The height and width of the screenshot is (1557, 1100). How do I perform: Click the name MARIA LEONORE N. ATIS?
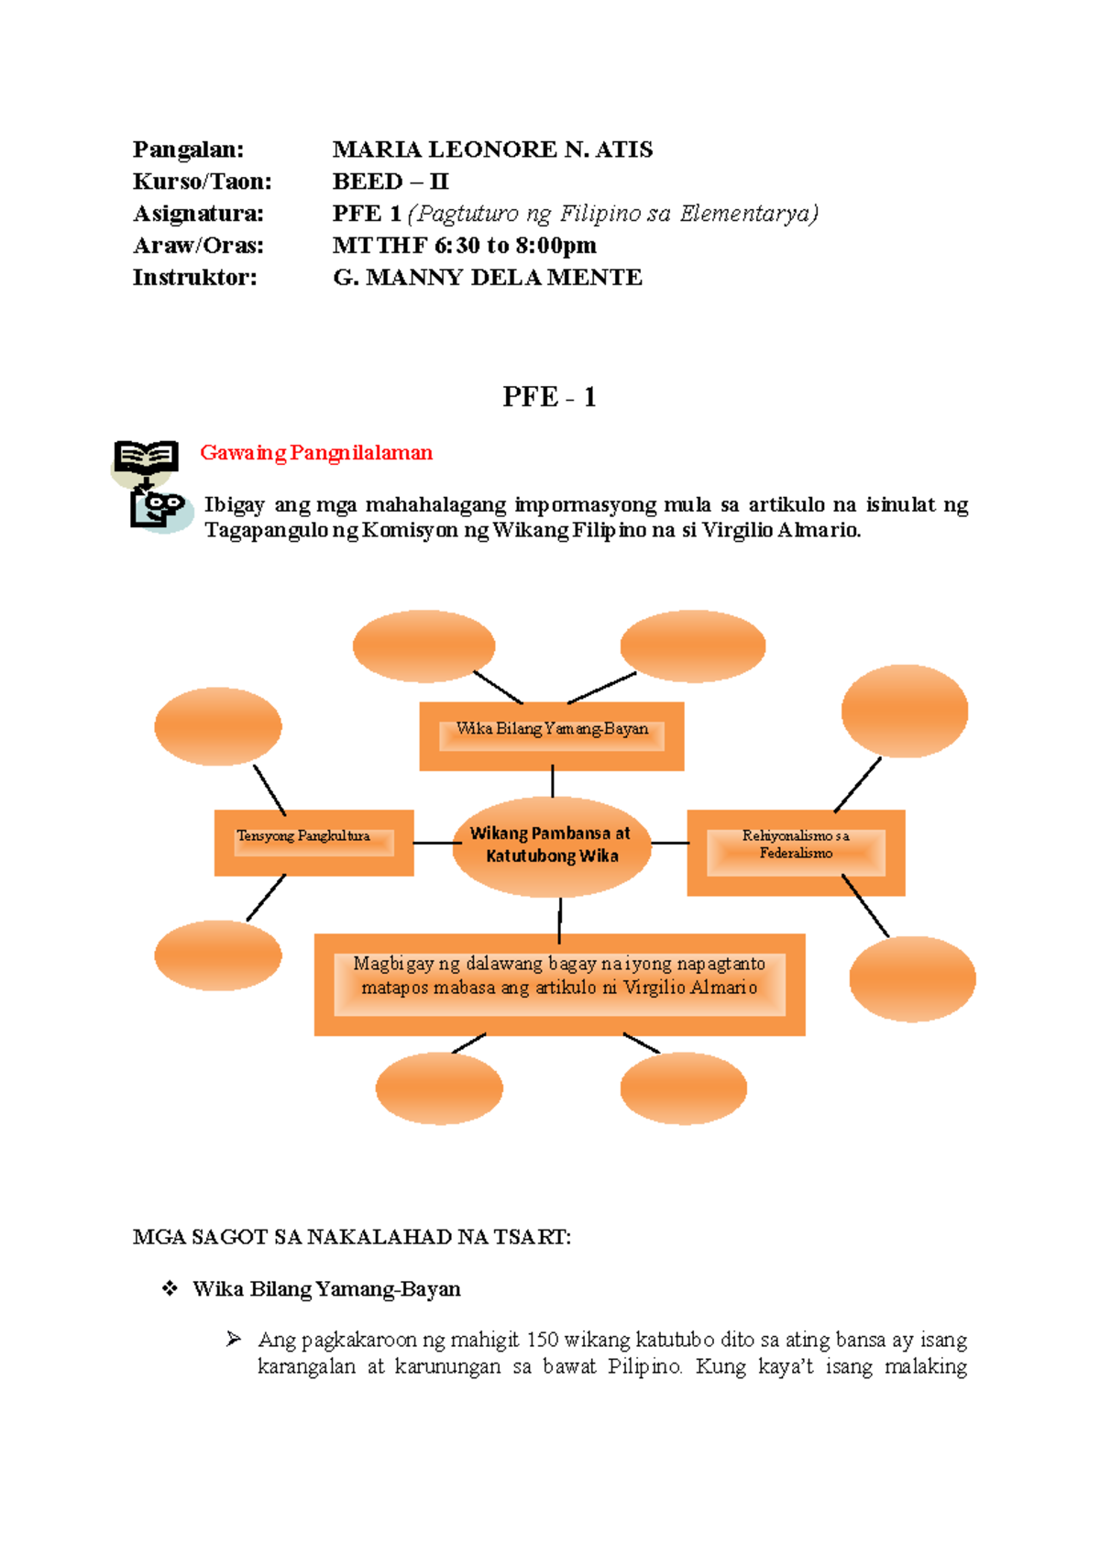pos(492,149)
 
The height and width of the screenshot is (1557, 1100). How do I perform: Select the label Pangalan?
pos(188,149)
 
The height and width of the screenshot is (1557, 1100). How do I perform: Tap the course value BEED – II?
pos(390,182)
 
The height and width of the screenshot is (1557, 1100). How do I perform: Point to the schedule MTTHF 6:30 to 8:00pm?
pos(464,246)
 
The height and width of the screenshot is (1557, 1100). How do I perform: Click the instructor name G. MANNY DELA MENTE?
pos(487,278)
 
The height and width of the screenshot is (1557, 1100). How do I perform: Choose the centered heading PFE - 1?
pos(549,397)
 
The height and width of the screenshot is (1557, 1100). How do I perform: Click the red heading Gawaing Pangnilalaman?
pos(316,453)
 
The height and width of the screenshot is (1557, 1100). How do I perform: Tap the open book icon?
pos(146,458)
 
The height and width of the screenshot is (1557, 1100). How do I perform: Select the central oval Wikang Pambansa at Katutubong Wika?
pos(551,845)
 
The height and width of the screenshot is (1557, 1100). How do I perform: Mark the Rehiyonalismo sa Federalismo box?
pos(796,852)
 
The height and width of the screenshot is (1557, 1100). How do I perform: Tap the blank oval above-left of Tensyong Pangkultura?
pos(218,726)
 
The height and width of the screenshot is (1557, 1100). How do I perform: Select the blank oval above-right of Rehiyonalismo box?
pos(904,711)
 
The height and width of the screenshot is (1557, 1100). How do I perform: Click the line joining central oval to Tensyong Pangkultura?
pos(434,843)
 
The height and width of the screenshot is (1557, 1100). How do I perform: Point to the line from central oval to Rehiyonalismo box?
pos(669,843)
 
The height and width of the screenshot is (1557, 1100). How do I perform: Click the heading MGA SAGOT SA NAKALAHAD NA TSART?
pos(352,1237)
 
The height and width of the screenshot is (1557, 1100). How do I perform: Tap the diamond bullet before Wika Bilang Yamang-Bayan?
pos(170,1288)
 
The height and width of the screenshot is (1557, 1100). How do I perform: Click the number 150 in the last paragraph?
pos(543,1340)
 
